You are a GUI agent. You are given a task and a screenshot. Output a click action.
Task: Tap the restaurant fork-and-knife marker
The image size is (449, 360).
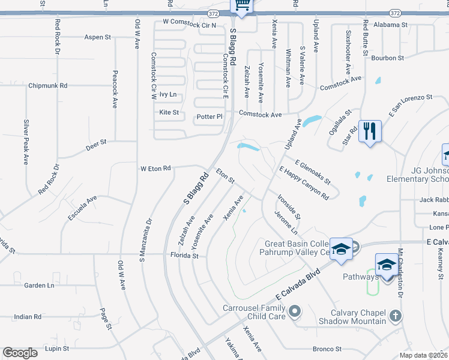click(x=369, y=131)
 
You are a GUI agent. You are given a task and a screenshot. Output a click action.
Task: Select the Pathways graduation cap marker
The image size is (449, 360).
click(x=387, y=265)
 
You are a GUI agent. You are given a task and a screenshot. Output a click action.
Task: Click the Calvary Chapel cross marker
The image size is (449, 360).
click(x=395, y=314)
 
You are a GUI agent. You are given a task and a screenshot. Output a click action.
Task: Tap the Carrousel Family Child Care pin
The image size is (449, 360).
click(x=294, y=311)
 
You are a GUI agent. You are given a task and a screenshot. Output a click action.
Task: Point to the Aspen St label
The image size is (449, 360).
click(x=98, y=37)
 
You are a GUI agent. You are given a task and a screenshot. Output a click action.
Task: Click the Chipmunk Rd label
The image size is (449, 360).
click(x=47, y=86)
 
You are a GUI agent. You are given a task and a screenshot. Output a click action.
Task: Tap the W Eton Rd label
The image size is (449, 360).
click(x=155, y=168)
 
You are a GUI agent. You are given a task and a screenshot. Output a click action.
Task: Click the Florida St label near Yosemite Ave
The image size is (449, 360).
click(x=185, y=256)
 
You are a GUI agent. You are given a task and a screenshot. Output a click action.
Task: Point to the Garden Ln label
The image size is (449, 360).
click(x=39, y=286)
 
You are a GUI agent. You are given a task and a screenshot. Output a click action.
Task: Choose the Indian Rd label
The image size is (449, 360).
click(x=27, y=316)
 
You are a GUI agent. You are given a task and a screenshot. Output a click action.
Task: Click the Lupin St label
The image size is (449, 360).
click(x=57, y=348)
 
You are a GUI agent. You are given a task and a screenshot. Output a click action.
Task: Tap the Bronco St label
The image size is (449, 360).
click(x=327, y=349)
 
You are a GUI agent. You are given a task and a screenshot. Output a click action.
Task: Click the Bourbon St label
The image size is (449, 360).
click(x=387, y=58)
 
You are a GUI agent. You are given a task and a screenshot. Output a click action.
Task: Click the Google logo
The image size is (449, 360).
click(x=20, y=353)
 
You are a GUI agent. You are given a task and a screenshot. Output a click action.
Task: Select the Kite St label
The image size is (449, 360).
click(x=169, y=112)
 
